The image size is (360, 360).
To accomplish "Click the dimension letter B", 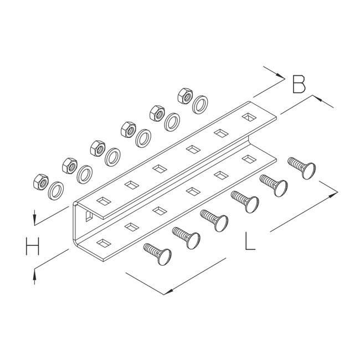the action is pyautogui.click(x=299, y=84).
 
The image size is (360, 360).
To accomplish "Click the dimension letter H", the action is pyautogui.click(x=32, y=246).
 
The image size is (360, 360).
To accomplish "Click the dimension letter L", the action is pyautogui.click(x=250, y=241).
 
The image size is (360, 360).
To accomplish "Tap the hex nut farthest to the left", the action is pyautogui.click(x=40, y=182).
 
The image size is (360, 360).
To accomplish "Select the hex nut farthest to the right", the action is pyautogui.click(x=185, y=96).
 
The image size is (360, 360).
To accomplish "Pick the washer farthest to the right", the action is pyautogui.click(x=200, y=105).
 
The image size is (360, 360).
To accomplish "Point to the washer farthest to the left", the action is pyautogui.click(x=56, y=191).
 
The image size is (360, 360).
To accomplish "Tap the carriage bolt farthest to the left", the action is pyautogui.click(x=158, y=254).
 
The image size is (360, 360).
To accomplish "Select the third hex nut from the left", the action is pyautogui.click(x=98, y=148).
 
